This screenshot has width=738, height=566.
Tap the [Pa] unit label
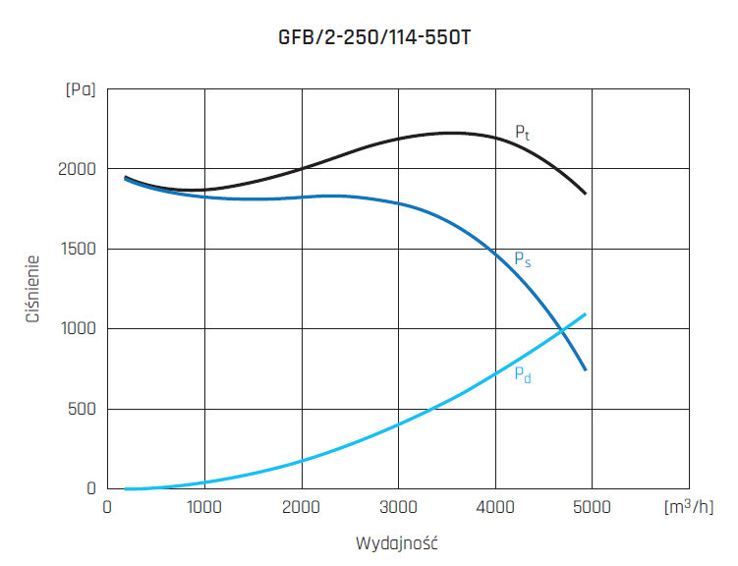click(x=81, y=90)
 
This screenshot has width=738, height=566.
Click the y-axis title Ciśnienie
click(x=32, y=289)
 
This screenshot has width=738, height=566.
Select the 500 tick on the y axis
click(x=84, y=409)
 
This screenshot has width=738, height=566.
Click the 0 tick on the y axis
click(x=91, y=488)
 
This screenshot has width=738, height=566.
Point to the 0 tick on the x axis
click(x=108, y=507)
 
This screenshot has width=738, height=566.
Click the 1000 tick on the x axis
click(x=204, y=507)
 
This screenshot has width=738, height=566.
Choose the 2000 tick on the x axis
click(x=302, y=507)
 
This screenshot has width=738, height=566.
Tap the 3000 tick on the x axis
click(x=398, y=507)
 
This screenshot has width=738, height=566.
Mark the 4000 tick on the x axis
click(x=495, y=507)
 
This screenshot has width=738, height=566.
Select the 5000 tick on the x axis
click(x=592, y=507)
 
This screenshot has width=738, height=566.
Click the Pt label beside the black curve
click(x=523, y=133)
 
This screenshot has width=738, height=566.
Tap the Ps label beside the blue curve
click(x=523, y=259)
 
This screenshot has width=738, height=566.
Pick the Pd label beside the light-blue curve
click(x=523, y=373)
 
